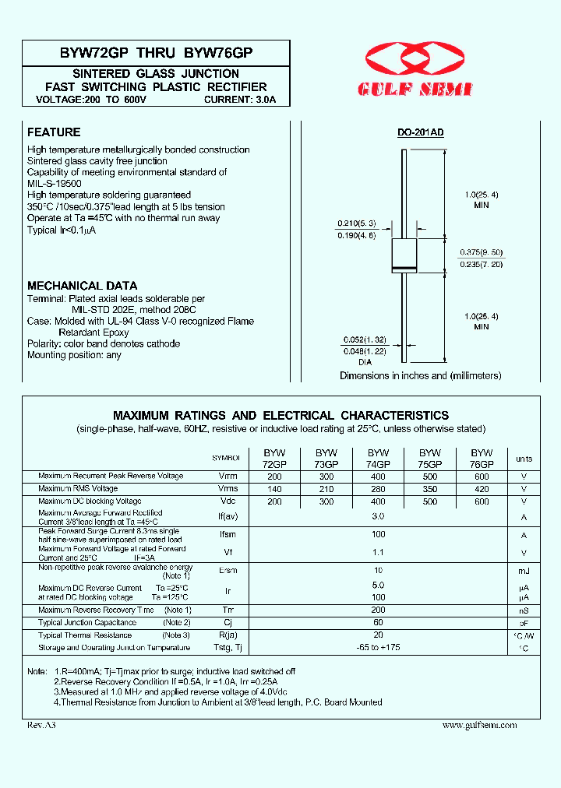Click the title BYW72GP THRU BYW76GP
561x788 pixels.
[x=156, y=53]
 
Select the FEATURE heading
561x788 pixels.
[x=54, y=132]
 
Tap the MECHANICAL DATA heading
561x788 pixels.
[x=82, y=286]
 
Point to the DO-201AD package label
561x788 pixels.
[x=420, y=133]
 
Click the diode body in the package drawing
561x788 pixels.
[x=404, y=255]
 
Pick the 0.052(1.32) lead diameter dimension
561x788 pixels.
[x=365, y=340]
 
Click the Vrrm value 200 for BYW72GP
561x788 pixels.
[x=274, y=476]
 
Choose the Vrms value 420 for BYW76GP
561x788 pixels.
[x=482, y=489]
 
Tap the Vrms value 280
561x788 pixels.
[x=378, y=489]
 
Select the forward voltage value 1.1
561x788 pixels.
[x=378, y=553]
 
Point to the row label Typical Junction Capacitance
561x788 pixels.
[x=87, y=622]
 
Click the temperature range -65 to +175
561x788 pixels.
[x=378, y=648]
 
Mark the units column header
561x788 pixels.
[x=524, y=459]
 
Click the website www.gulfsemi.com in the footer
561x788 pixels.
[x=479, y=725]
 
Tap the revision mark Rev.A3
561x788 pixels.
[x=41, y=725]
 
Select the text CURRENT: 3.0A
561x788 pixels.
[x=245, y=100]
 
